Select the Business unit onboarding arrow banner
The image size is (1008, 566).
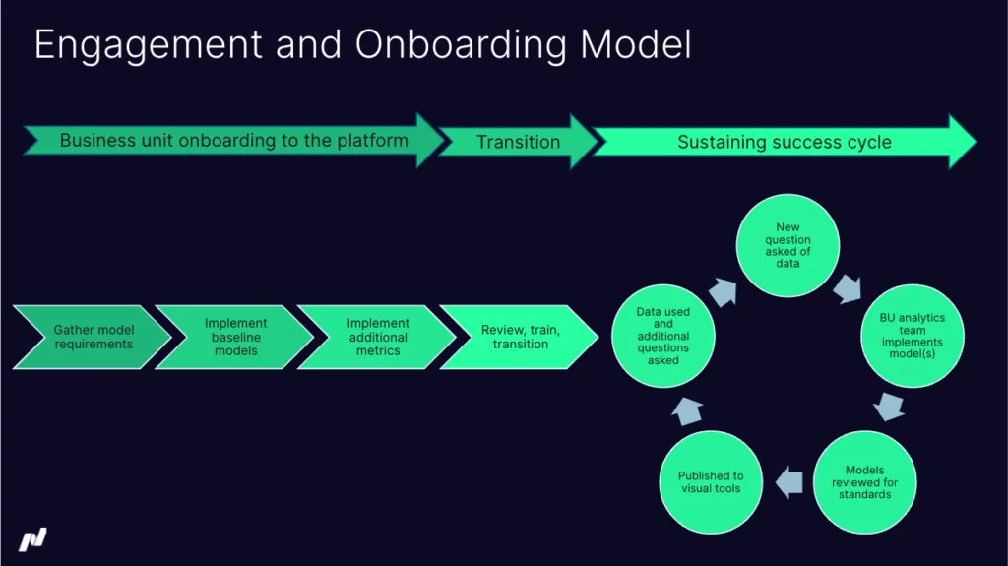pyautogui.click(x=233, y=141)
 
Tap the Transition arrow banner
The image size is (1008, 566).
pyautogui.click(x=518, y=142)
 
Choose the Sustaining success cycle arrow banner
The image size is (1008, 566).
pyautogui.click(x=784, y=142)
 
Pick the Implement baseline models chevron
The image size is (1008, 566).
pyautogui.click(x=235, y=337)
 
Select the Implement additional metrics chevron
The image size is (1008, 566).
pyautogui.click(x=377, y=337)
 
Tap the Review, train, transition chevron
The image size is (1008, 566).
pyautogui.click(x=519, y=337)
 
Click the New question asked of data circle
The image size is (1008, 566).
pyautogui.click(x=788, y=245)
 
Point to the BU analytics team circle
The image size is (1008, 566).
pyautogui.click(x=911, y=336)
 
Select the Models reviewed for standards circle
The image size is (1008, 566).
pyautogui.click(x=864, y=482)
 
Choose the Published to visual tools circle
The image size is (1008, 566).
pyautogui.click(x=711, y=482)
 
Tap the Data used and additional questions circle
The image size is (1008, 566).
pyautogui.click(x=662, y=336)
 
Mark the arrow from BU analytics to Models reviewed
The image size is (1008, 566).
pyautogui.click(x=891, y=406)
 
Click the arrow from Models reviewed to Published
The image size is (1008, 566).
pyautogui.click(x=788, y=482)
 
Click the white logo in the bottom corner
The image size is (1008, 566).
pyautogui.click(x=32, y=539)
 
